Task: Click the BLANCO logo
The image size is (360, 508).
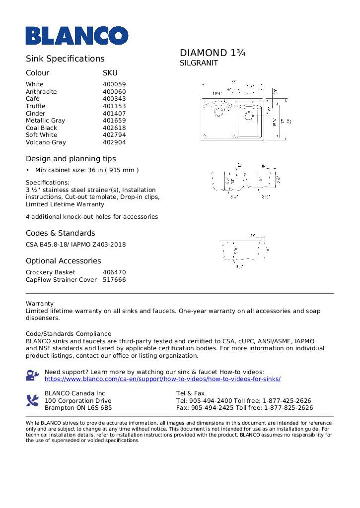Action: [77, 36]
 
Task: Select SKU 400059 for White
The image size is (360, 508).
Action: [114, 84]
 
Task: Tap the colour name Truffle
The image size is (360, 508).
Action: [35, 106]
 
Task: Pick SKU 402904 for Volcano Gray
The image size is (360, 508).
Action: [114, 142]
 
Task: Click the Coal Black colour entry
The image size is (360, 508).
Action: [41, 128]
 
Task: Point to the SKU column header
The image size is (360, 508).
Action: [110, 73]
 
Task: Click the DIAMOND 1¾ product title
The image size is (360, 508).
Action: [213, 53]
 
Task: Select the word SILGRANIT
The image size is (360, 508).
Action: [199, 63]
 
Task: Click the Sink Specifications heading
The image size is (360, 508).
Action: [65, 59]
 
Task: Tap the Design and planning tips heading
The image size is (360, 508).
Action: [71, 159]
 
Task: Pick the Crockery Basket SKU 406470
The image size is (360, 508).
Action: [114, 272]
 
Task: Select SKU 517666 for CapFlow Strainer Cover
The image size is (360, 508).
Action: [114, 280]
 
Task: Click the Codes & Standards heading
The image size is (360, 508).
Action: [60, 233]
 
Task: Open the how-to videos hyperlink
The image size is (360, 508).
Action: [162, 379]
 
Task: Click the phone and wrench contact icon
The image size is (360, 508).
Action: [32, 400]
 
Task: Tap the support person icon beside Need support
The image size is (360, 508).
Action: [32, 375]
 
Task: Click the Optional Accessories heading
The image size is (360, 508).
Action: [63, 261]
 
